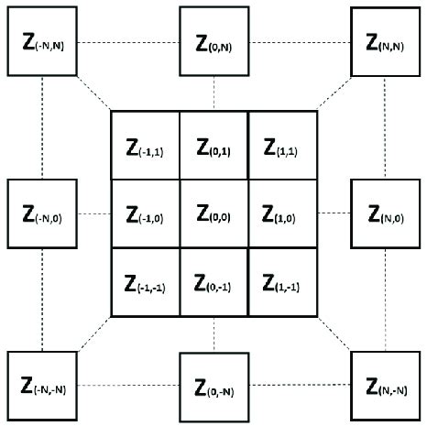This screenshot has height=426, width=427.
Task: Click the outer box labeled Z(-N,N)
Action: (x=42, y=41)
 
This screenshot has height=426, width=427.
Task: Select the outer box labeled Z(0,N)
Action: (x=213, y=41)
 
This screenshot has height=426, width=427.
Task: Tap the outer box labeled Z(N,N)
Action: (x=385, y=41)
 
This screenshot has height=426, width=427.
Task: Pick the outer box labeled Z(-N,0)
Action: (x=42, y=213)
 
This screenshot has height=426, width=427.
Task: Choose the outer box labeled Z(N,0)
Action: (x=385, y=213)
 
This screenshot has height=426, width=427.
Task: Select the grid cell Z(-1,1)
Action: (x=145, y=145)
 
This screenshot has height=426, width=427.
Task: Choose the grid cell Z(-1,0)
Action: (x=145, y=213)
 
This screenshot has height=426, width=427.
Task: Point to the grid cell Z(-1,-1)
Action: (x=145, y=282)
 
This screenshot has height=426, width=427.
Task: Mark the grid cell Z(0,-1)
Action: (x=213, y=282)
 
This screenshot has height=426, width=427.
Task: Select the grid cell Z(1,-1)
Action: (x=282, y=282)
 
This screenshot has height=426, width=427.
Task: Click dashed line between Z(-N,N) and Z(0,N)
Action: (x=128, y=42)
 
